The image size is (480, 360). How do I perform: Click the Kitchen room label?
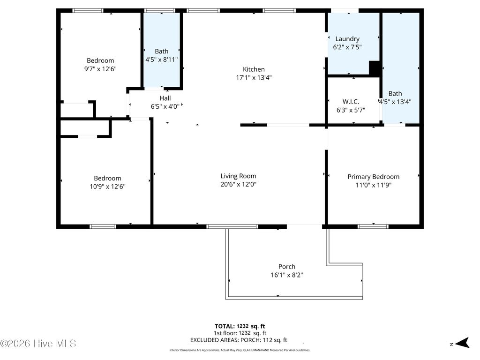pos(254,69)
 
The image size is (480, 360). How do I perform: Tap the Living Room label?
pos(238,176)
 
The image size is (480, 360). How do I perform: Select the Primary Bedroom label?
pos(373,177)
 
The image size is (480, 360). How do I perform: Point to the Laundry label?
pos(347,39)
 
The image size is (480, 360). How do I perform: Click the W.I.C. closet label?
pos(351,102)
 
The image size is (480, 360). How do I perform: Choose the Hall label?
pos(165,98)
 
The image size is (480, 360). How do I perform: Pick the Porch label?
pos(286,267)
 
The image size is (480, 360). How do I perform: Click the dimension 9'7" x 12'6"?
pos(100,68)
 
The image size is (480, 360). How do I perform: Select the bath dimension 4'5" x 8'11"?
pos(162,59)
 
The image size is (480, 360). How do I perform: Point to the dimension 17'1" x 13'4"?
pos(254,78)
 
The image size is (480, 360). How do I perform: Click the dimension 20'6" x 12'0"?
pos(238,184)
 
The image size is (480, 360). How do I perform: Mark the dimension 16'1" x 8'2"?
pos(286,275)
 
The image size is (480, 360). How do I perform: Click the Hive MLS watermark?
pos(38,344)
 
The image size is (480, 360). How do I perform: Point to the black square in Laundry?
pos(375,68)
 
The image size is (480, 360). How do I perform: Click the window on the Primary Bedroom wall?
pos(373,226)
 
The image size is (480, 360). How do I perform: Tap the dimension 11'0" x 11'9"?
pos(373,185)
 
